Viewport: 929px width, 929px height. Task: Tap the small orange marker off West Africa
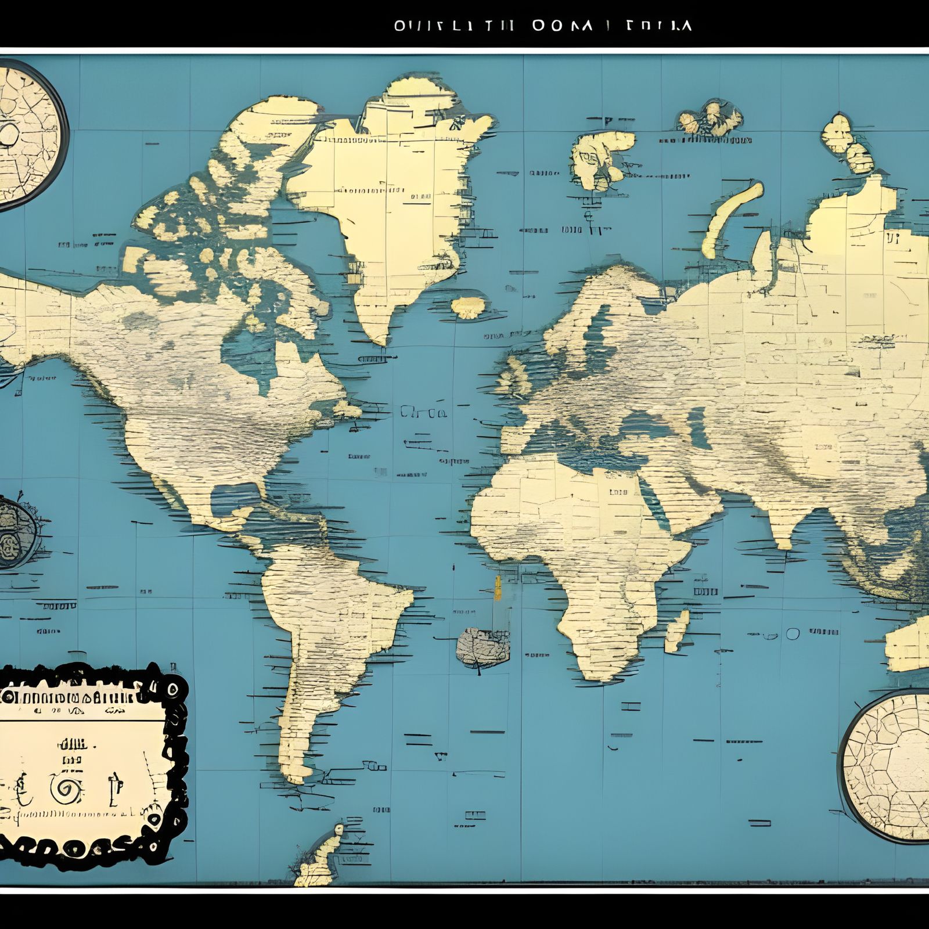pyautogui.click(x=498, y=588)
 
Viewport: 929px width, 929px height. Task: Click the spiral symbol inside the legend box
pyautogui.click(x=66, y=790)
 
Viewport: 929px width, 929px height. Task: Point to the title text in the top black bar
pyautogui.click(x=542, y=26)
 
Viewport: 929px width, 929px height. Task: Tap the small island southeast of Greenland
pyautogui.click(x=469, y=307)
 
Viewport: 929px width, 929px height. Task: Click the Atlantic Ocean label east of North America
pyautogui.click(x=423, y=413)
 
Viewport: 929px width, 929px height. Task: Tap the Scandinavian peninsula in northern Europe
pyautogui.click(x=586, y=314)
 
